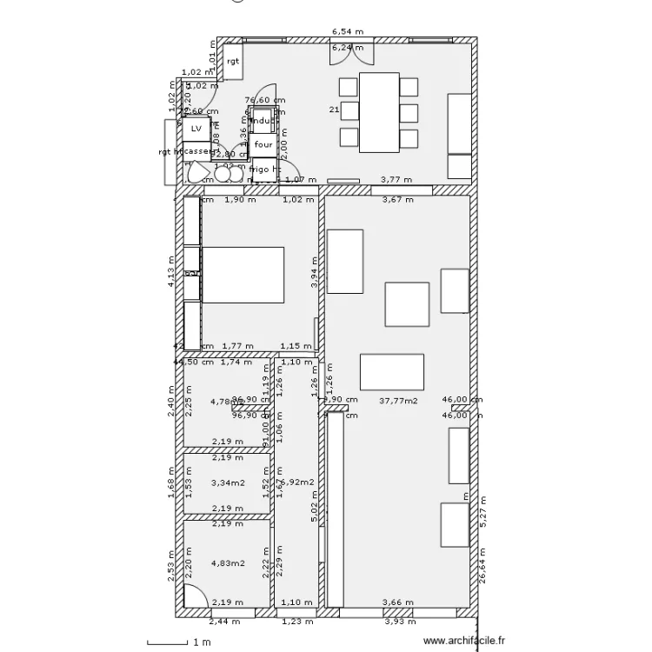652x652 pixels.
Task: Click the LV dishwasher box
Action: [x=196, y=129]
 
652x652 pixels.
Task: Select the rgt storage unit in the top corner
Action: [x=233, y=61]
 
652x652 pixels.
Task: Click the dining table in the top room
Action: [x=378, y=111]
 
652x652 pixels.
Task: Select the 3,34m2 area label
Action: [x=227, y=482]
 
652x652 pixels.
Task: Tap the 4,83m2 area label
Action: [x=227, y=562]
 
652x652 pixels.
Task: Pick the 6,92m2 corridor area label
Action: [x=298, y=482]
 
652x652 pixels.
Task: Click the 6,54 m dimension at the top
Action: [x=347, y=32]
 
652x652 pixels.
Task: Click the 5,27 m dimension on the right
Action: [x=485, y=514]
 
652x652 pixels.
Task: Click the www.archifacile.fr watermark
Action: [x=463, y=642]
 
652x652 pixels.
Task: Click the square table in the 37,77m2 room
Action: [x=407, y=304]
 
